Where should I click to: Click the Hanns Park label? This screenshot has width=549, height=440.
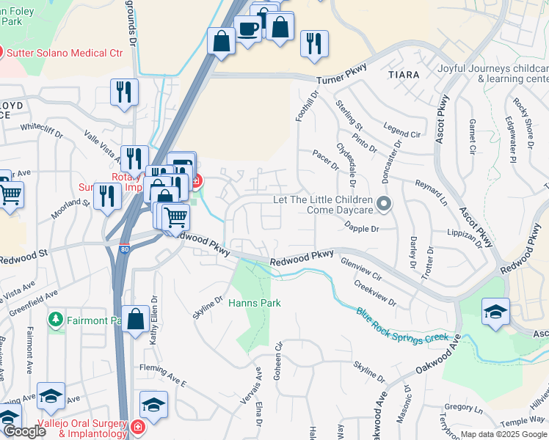[x=255, y=302]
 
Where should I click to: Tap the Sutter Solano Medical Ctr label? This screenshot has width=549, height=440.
[x=65, y=53]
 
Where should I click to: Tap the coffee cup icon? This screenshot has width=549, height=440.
[x=247, y=29]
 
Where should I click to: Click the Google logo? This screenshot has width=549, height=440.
[x=24, y=431]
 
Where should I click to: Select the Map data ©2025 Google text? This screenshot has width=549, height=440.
[x=503, y=434]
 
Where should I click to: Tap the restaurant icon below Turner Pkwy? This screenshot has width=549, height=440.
[x=123, y=91]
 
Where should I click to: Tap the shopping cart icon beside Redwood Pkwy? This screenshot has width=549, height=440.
[x=175, y=216]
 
